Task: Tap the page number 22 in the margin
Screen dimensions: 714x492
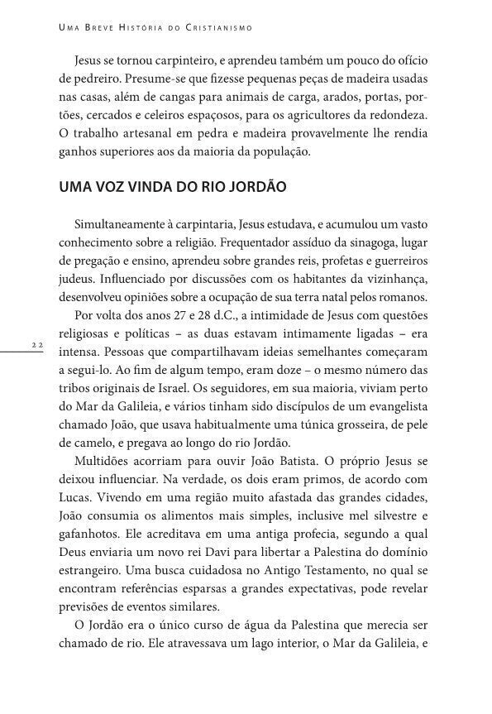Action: [x=37, y=343]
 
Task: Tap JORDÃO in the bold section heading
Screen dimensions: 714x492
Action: [x=256, y=187]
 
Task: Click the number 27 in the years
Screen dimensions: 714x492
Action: [x=173, y=315]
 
